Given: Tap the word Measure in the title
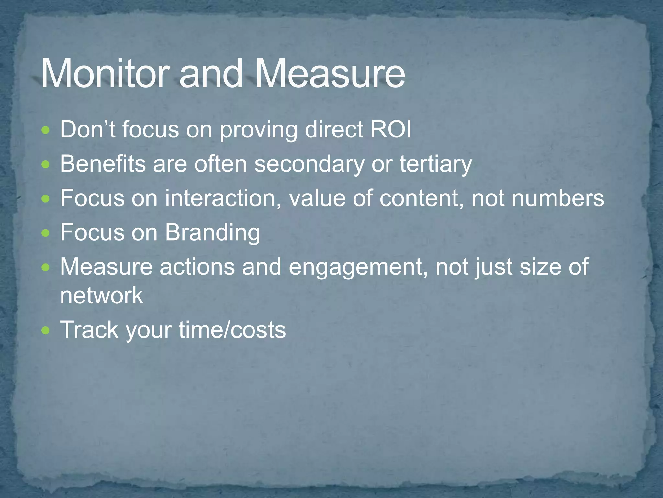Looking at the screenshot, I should tap(330, 74).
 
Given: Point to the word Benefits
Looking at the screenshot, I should tap(103, 164).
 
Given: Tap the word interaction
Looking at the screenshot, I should tap(223, 198).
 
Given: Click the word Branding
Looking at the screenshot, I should tap(212, 233).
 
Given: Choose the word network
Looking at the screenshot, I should tap(102, 295).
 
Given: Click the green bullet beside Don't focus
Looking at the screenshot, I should tap(46, 131).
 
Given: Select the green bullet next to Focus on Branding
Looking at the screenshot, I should tap(46, 233).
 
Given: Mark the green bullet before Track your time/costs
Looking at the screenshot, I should tap(46, 331).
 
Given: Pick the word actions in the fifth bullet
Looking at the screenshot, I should tap(197, 267).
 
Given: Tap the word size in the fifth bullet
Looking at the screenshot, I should tap(540, 267).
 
